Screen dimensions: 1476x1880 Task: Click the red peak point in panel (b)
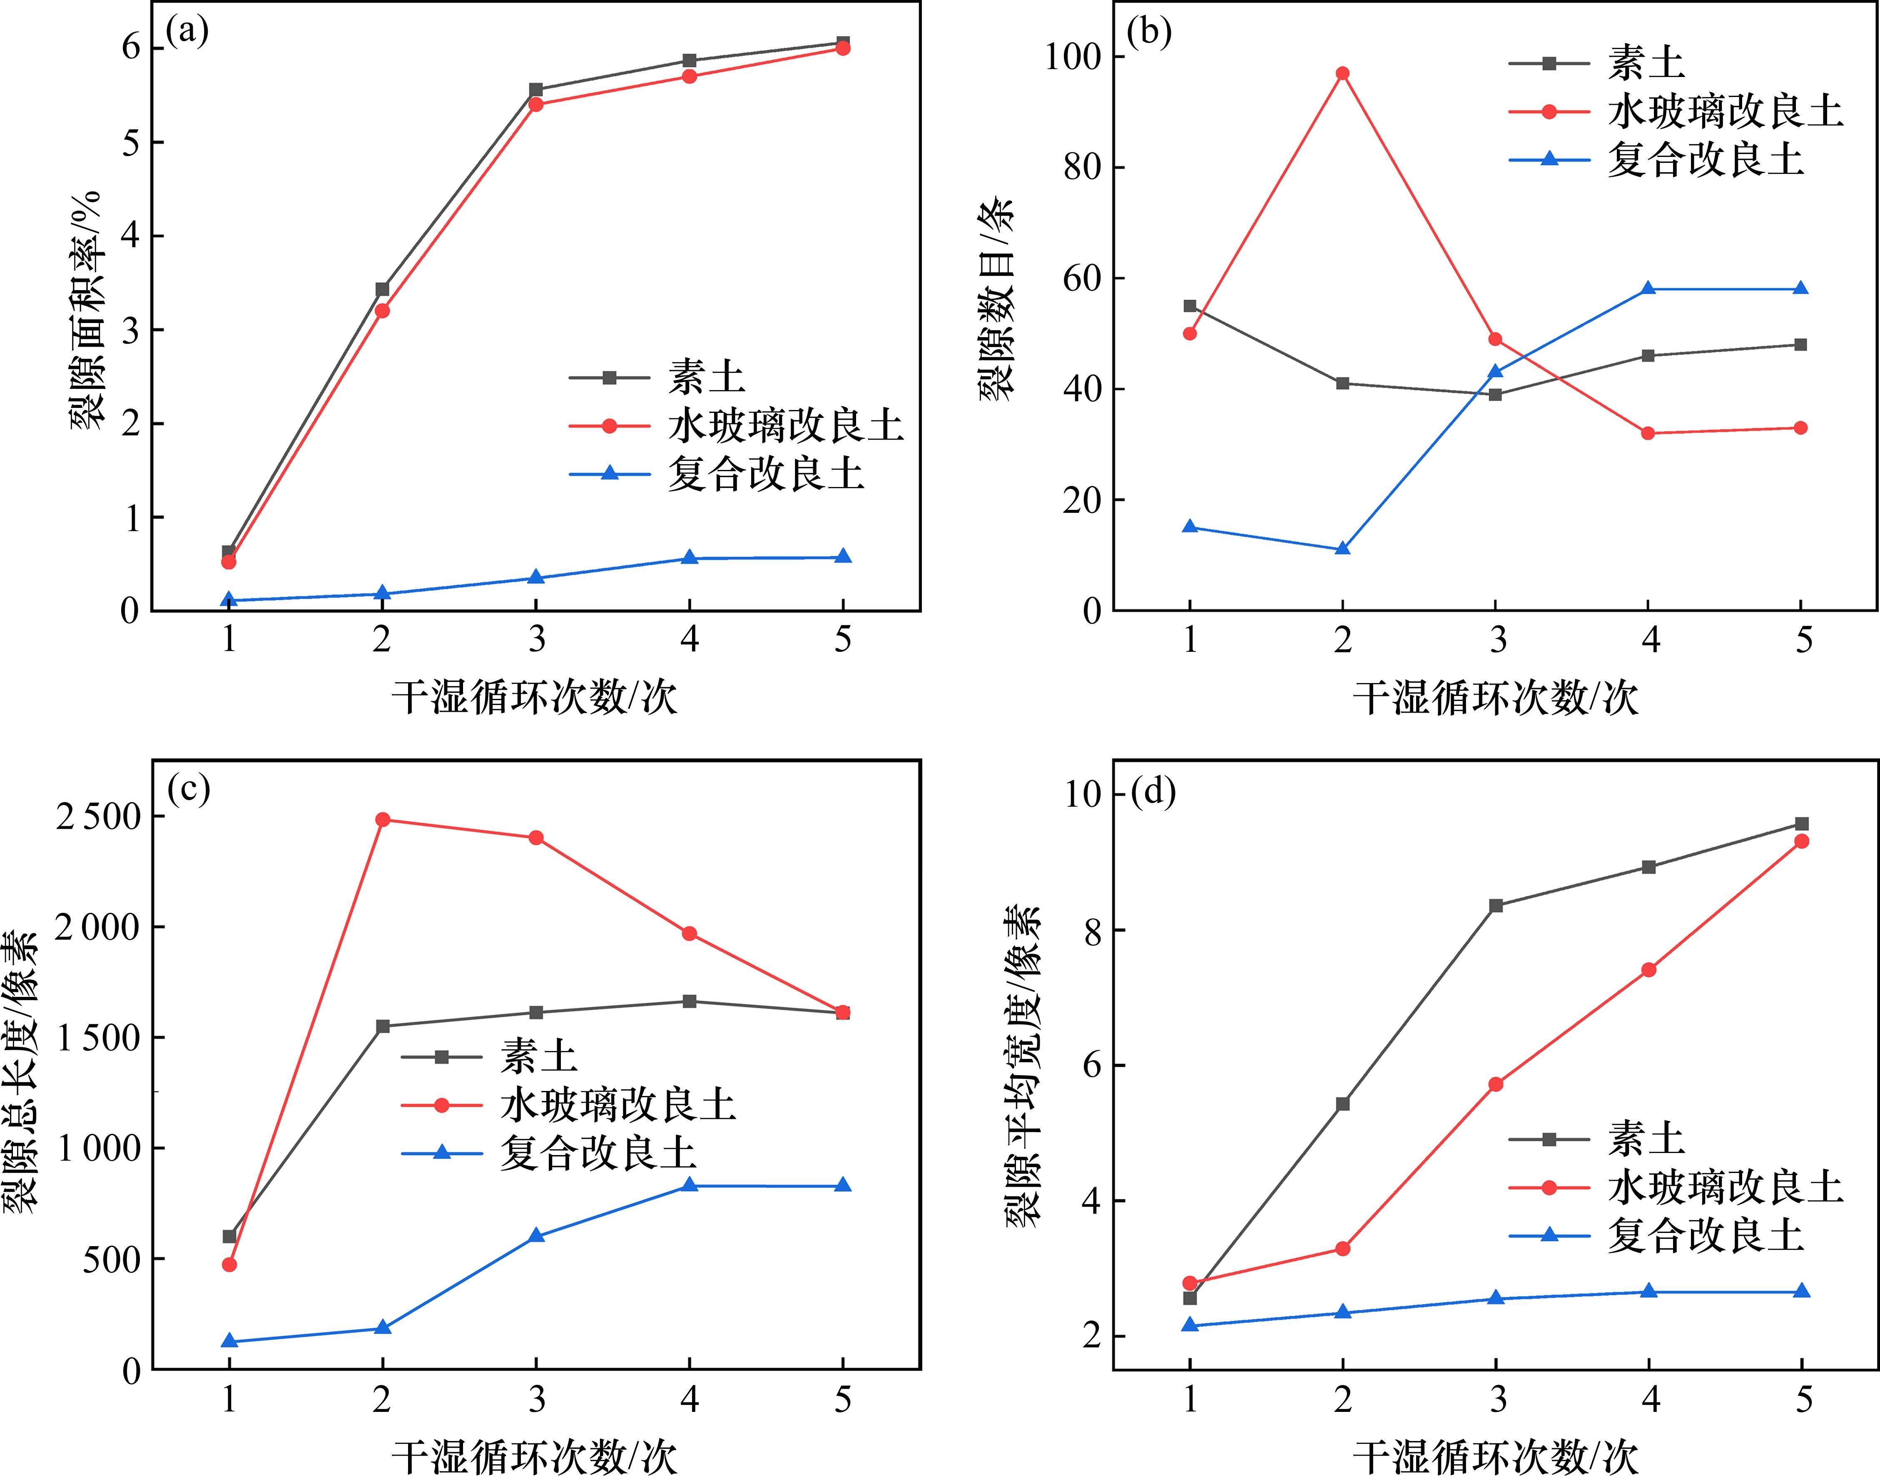click(x=1342, y=73)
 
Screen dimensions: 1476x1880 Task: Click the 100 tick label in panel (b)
click(x=1072, y=57)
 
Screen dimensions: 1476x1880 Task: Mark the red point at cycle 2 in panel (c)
click(x=383, y=819)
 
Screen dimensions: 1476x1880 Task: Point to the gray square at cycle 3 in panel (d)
click(x=1496, y=906)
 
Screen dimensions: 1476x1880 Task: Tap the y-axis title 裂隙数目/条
click(x=996, y=298)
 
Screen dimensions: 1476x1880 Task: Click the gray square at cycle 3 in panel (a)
click(x=536, y=90)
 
